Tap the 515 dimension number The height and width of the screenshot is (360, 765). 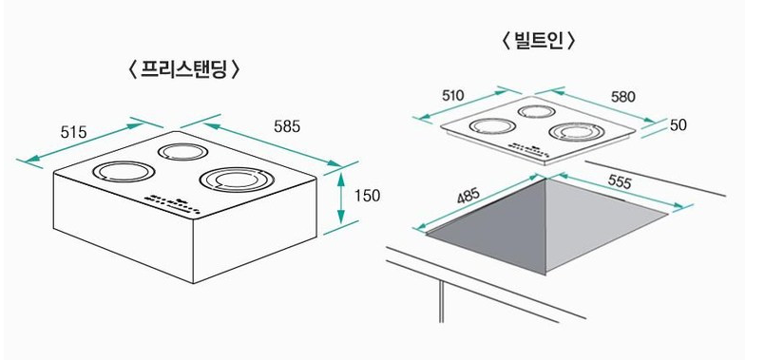(x=73, y=132)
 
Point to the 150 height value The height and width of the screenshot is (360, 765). (x=366, y=196)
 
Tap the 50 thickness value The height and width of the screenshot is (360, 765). (x=678, y=125)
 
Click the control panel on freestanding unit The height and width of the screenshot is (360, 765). (x=170, y=199)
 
